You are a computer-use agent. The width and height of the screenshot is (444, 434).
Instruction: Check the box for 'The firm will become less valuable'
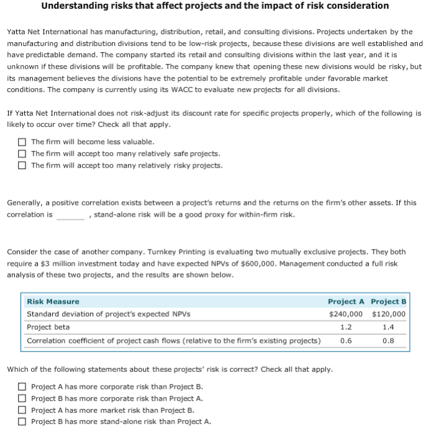click(x=22, y=142)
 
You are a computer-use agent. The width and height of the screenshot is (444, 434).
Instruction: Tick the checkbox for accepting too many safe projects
click(x=22, y=153)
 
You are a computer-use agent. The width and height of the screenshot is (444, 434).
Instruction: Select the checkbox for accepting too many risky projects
click(x=22, y=165)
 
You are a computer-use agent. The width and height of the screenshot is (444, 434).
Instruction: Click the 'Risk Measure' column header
click(x=53, y=301)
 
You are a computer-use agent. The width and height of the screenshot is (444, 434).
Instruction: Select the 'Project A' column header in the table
click(x=345, y=301)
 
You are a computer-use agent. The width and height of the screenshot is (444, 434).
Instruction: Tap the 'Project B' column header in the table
click(x=388, y=301)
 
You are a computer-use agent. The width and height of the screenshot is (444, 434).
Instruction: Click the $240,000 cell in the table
click(x=345, y=314)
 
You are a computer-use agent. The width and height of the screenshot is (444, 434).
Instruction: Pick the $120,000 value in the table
click(x=388, y=314)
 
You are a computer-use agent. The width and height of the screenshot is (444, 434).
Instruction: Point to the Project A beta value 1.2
click(x=346, y=327)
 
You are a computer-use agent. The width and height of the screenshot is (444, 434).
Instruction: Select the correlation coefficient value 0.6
click(x=346, y=340)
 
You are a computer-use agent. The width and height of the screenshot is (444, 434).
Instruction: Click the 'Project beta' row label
click(x=48, y=327)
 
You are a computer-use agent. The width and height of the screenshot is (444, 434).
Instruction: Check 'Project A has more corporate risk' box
click(x=22, y=386)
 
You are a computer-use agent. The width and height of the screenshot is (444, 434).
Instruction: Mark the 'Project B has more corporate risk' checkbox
click(x=22, y=398)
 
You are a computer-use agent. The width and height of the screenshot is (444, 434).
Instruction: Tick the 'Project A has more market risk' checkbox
click(x=22, y=410)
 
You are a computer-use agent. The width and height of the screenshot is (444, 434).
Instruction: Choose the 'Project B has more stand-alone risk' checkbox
click(x=22, y=422)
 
